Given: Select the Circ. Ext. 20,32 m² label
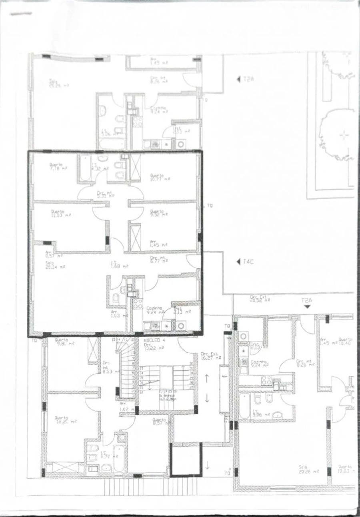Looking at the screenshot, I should [260, 299].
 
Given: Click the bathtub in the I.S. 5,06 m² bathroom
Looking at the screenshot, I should [245, 406].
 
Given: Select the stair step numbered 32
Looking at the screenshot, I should [191, 363].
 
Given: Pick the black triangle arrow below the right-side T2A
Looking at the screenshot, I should [307, 307].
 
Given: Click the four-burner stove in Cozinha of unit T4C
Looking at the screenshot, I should [138, 303].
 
